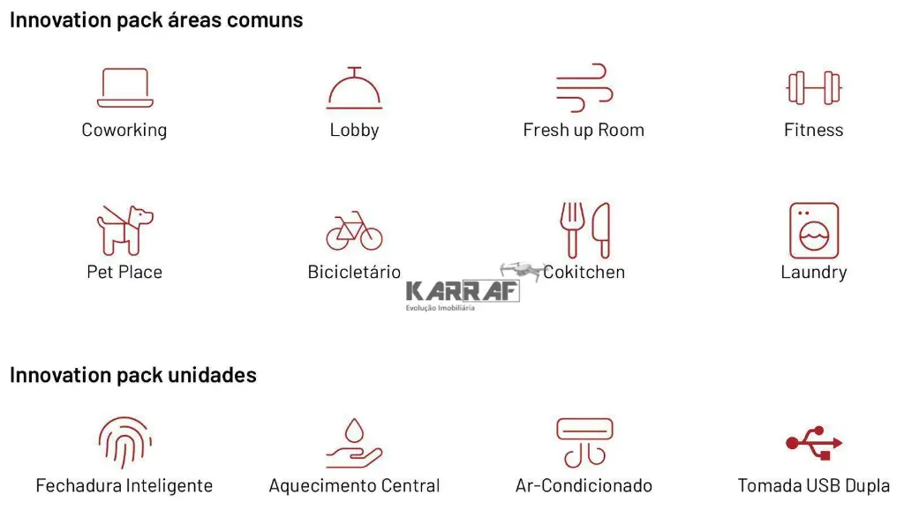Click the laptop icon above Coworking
pos(124,88)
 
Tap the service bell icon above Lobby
pos(354,88)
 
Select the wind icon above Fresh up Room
pos(584,87)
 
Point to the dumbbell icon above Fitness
pos(814,88)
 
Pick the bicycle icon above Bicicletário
pos(354,231)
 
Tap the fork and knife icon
pos(584,230)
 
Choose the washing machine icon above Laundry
pos(814,230)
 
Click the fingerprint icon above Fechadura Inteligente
pos(124,443)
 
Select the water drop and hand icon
pos(354,443)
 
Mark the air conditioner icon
pos(584,442)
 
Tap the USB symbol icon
pos(814,443)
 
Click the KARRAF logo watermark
pos(463,292)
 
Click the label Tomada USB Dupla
pos(814,486)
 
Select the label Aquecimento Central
pos(354,486)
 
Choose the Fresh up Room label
pos(584,131)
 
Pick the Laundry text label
pos(814,273)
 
